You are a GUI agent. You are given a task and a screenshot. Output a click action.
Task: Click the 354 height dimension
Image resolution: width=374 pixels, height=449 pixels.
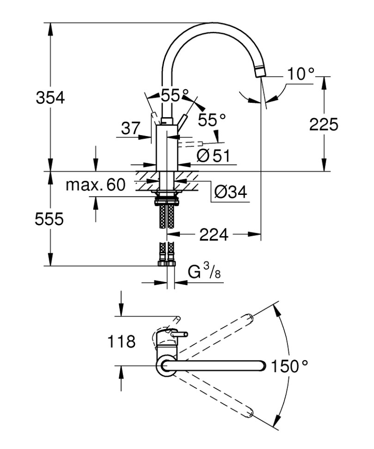[50, 98]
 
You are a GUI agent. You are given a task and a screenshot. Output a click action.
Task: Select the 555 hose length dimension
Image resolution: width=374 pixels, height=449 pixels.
[50, 220]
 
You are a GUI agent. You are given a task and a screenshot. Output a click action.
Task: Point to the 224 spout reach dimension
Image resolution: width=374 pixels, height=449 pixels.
[214, 235]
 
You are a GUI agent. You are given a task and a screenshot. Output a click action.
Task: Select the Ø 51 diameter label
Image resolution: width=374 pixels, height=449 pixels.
[213, 156]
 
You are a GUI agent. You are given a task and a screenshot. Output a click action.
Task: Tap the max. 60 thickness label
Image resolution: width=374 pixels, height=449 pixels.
[95, 186]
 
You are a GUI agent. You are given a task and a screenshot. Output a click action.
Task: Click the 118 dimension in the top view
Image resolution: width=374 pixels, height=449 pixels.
[121, 342]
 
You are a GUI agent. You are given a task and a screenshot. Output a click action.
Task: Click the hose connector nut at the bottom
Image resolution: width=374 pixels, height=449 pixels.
[166, 263]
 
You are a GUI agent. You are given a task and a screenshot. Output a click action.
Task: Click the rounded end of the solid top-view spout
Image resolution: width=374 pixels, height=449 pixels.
[264, 366]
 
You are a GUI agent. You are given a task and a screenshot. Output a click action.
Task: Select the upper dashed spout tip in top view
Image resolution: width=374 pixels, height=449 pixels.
[250, 318]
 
